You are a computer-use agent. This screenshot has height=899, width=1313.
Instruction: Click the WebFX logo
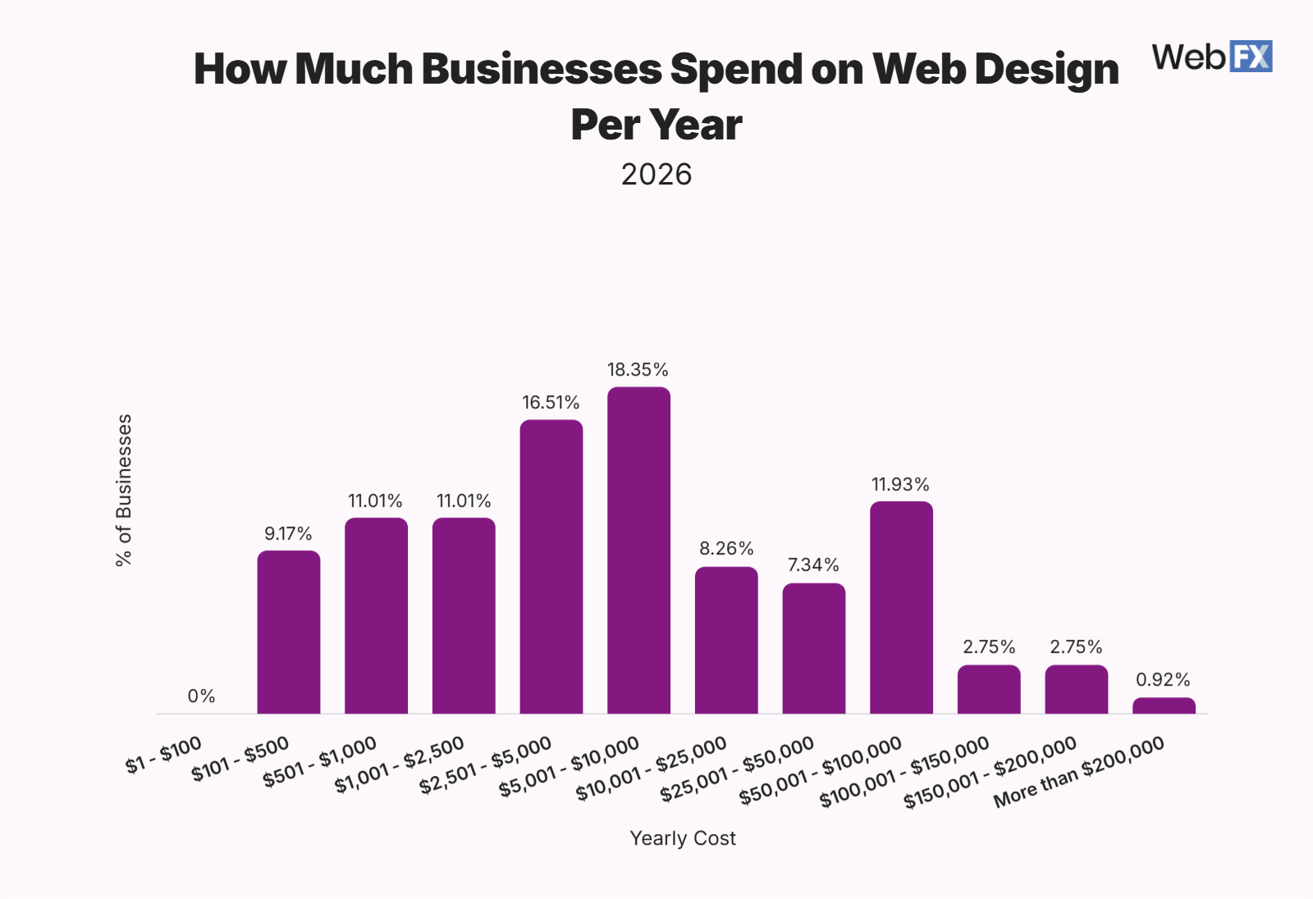pyautogui.click(x=1211, y=57)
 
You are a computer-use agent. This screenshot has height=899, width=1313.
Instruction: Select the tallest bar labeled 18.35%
pyautogui.click(x=638, y=550)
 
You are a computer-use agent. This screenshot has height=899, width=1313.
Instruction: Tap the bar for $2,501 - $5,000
pyautogui.click(x=551, y=567)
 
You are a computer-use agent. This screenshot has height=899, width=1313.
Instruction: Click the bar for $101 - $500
pyautogui.click(x=289, y=632)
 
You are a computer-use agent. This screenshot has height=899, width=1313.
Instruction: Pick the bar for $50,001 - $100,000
pyautogui.click(x=901, y=608)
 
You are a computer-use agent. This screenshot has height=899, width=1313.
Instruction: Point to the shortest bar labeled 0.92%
pyautogui.click(x=1164, y=705)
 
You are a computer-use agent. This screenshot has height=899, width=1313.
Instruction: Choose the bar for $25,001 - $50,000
pyautogui.click(x=813, y=649)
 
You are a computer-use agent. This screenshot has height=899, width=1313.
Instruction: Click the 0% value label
pyautogui.click(x=201, y=696)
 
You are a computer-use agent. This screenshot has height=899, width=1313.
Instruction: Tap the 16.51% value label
pyautogui.click(x=551, y=403)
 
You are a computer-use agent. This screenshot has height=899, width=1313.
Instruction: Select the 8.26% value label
pyautogui.click(x=726, y=549)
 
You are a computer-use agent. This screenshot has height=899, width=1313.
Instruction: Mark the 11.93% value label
pyautogui.click(x=900, y=485)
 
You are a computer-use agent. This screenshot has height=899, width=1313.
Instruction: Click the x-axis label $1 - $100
pyautogui.click(x=164, y=755)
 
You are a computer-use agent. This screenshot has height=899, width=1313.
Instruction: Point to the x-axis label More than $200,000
pyautogui.click(x=1079, y=772)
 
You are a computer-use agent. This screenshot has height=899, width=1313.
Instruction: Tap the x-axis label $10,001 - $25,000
pyautogui.click(x=652, y=769)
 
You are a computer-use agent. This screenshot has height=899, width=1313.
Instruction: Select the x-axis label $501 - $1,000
pyautogui.click(x=320, y=763)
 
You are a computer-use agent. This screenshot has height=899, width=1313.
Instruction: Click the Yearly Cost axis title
pyautogui.click(x=683, y=838)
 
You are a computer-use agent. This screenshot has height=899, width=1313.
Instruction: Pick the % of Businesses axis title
pyautogui.click(x=124, y=491)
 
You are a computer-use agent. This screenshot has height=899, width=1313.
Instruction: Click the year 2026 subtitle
pyautogui.click(x=656, y=175)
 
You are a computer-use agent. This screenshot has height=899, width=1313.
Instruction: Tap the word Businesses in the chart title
pyautogui.click(x=542, y=69)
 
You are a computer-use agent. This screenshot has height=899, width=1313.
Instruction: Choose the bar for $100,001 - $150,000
pyautogui.click(x=989, y=690)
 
